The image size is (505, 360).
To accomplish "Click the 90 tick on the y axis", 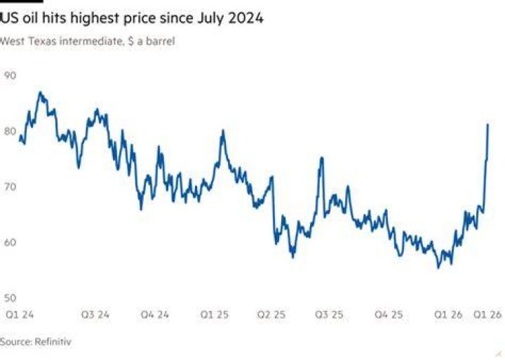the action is [10, 76].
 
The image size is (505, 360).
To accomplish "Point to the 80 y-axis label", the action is [10, 131].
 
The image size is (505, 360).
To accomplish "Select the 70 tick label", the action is [10, 187].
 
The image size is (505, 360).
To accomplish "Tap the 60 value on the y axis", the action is [10, 242].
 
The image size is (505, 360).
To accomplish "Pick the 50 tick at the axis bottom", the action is [10, 298].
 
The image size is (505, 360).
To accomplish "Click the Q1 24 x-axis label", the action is [20, 314].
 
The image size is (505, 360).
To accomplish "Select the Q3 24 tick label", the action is [95, 314].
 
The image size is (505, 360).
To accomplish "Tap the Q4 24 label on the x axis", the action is [154, 314].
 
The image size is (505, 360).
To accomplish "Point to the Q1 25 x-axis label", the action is [215, 314].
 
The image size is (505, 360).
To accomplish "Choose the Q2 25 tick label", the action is [271, 314].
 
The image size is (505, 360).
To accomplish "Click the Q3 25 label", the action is [329, 314].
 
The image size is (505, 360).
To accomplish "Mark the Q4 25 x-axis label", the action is [389, 314].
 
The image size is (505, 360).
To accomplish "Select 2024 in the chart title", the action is [245, 18].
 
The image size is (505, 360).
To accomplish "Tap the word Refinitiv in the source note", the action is [53, 342].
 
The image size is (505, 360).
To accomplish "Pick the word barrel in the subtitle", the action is [161, 41].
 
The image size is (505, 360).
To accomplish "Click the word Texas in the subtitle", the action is [42, 41].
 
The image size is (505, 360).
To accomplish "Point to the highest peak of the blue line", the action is [40, 92].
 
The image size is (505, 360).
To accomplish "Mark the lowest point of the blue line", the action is [438, 267].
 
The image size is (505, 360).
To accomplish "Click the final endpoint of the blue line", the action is [488, 124].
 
